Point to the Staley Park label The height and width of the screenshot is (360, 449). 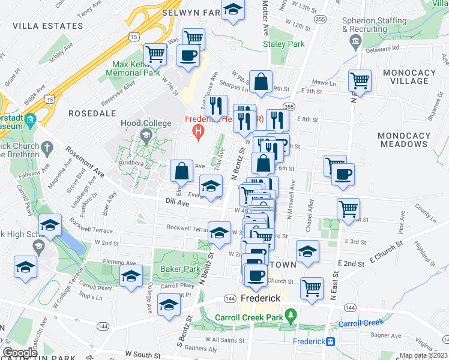coord(288,44)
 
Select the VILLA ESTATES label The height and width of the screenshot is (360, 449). coord(47,26)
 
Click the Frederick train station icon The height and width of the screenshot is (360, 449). coord(330,341)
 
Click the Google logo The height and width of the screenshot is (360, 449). coord(20,352)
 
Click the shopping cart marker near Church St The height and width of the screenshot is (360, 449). coord(312,289)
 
